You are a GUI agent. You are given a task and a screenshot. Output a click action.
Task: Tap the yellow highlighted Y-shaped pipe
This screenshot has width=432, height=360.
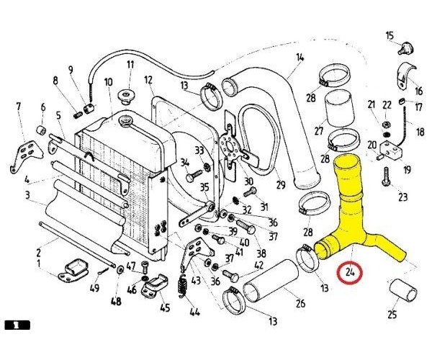point(351,216)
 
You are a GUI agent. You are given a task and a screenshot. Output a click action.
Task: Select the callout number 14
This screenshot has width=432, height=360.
point(300,58)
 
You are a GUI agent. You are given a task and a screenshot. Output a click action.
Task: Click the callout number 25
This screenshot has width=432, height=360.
point(392,314)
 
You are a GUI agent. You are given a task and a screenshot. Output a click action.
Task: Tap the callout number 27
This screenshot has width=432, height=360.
point(319,131)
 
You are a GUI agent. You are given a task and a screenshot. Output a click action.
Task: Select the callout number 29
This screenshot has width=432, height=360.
point(280,184)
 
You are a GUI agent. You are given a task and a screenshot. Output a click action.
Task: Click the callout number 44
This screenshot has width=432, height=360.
point(193,312)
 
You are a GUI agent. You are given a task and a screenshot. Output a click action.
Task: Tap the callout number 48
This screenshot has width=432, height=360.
point(116,301)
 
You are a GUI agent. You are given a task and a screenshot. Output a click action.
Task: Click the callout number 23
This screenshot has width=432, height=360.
point(402,197)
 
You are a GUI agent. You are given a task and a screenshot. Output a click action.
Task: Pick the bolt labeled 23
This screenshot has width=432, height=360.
point(386,175)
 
